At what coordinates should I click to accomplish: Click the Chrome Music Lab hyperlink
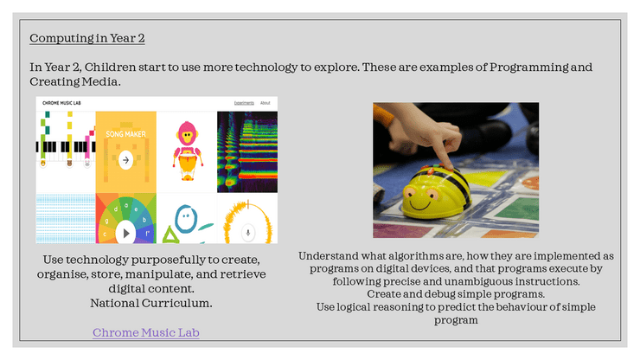[145, 332]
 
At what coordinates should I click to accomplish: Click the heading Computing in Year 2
[87, 38]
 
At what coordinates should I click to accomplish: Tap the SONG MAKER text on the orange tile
[125, 134]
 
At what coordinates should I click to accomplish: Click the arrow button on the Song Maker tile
[125, 160]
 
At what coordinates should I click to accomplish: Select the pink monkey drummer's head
[187, 133]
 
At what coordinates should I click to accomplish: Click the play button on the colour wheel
[125, 233]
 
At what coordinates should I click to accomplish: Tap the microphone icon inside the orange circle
[247, 233]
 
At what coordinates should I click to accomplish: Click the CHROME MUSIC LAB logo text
[61, 103]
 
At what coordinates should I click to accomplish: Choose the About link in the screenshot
[266, 103]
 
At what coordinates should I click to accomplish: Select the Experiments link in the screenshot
[244, 103]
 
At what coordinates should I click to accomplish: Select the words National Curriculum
[151, 303]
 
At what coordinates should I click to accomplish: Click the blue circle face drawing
[186, 219]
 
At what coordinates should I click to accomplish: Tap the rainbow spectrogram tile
[247, 152]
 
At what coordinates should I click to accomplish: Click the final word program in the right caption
[456, 320]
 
